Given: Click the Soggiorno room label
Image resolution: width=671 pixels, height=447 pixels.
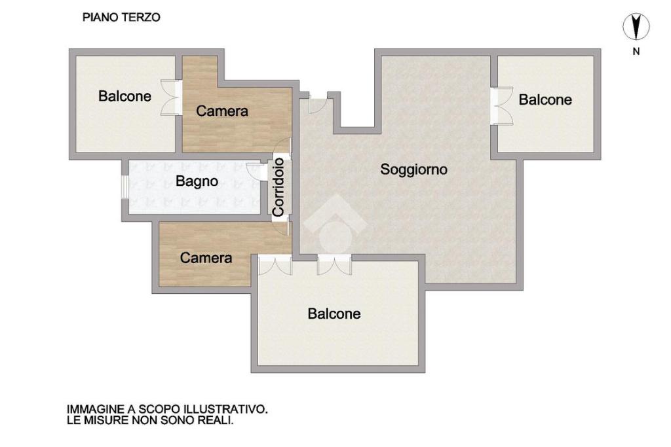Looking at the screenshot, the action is (414, 170).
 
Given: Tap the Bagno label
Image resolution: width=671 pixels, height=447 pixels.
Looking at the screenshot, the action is (197, 181).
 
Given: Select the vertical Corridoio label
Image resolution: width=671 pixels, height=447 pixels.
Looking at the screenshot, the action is (278, 187).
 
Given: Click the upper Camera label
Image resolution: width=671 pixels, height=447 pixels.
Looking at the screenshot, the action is (222, 111).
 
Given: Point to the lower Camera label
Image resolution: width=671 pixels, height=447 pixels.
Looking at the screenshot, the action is (206, 258).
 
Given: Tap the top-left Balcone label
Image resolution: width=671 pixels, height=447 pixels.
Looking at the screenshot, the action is (125, 96).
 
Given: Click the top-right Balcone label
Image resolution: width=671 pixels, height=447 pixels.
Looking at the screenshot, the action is (545, 99).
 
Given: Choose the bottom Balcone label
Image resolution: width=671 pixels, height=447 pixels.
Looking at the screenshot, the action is (334, 313).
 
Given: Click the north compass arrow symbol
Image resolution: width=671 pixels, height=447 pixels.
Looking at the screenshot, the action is (636, 26).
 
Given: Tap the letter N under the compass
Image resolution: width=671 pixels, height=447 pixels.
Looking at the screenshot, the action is (636, 51).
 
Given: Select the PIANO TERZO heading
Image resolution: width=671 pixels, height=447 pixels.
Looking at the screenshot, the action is (121, 18).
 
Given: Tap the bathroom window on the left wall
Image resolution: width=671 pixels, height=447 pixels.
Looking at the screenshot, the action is (124, 187).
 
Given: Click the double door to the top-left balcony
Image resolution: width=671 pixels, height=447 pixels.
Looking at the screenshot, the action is (171, 98).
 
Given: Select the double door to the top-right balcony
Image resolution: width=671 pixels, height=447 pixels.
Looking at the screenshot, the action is (501, 106).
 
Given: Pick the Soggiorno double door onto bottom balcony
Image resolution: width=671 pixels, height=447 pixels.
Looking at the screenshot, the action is (334, 265).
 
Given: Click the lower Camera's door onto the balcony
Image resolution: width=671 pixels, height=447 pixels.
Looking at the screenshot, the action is (275, 265).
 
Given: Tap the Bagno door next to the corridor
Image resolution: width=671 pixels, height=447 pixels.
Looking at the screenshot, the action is (258, 171).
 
